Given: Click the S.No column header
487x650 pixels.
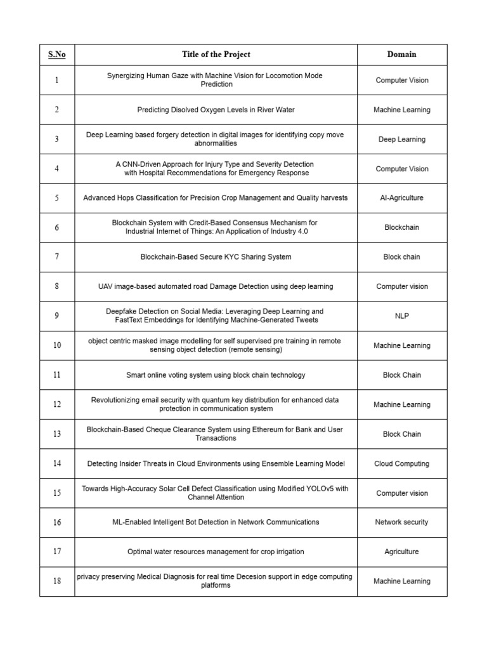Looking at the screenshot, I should pos(56,55).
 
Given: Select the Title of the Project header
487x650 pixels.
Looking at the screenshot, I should pos(216,55).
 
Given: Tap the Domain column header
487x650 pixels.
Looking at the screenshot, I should pos(401,55).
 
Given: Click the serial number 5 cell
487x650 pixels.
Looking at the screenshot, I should pos(56,198).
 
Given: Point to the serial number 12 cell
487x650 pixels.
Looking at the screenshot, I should pos(56,404).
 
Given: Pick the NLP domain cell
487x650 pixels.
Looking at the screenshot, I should pos(401,316).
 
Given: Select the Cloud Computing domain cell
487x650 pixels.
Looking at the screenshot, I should pos(401,464).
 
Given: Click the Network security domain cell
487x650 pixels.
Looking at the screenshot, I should pos(401,522).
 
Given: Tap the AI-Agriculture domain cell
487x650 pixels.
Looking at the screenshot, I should pos(401,198).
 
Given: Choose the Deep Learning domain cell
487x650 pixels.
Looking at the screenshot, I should pos(401,139).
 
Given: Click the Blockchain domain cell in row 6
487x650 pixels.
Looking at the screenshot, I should pos(401,227).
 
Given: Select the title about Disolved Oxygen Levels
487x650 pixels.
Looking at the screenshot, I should pos(216,110).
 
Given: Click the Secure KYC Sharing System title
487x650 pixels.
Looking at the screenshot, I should pos(216,257).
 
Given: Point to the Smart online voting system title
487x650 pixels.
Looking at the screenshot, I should pos(216,375).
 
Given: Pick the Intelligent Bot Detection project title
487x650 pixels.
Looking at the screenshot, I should pos(216,522).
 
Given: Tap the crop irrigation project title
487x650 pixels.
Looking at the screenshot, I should pos(216,552).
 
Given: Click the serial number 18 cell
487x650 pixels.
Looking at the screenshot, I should pos(56,581).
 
